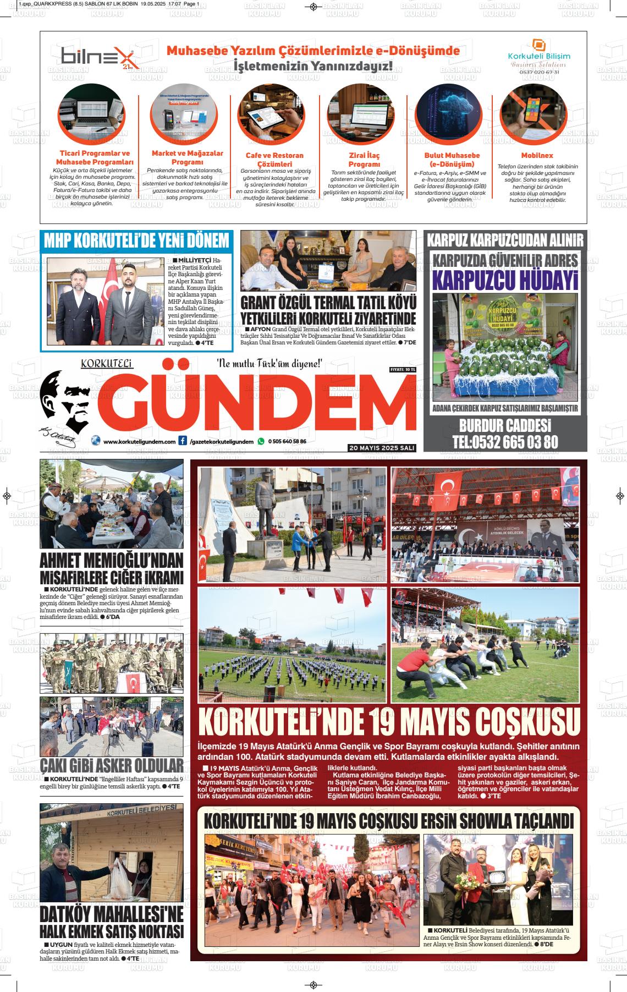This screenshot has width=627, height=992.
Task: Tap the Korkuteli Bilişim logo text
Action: pos(538,56)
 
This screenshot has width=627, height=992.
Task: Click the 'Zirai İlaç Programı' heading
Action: pos(364,160)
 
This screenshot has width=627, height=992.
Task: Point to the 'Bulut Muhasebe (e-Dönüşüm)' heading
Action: pos(452,160)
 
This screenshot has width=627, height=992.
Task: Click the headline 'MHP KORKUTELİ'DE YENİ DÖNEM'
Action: pos(136,240)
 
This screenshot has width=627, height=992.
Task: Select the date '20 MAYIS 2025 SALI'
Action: pos(382,448)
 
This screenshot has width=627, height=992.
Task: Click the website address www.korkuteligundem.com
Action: pos(139,441)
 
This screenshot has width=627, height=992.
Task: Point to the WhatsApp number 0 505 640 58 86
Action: pos(287,441)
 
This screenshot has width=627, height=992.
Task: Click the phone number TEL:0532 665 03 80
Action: pos(505,442)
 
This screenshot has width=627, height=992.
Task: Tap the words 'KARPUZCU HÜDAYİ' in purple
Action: pos(505,279)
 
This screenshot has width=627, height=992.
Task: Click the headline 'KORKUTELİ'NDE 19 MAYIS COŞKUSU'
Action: pos(389,722)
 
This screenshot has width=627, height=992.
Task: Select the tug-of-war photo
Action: pos(485,644)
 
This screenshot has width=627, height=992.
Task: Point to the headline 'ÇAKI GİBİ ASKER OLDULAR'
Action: pos(112,766)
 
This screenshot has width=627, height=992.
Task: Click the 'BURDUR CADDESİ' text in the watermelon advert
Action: pos(505,425)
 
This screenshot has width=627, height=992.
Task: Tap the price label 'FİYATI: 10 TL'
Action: pos(403,369)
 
